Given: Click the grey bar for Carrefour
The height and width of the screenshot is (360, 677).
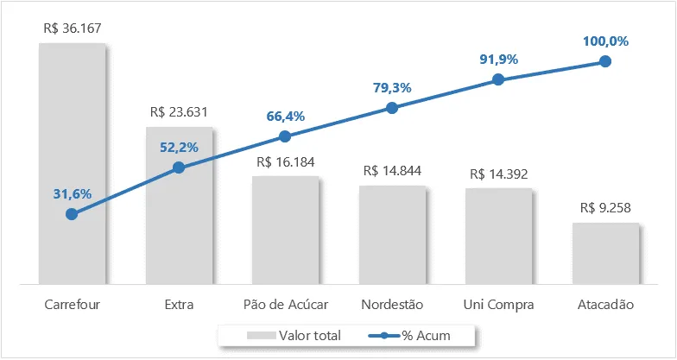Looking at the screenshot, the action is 73,164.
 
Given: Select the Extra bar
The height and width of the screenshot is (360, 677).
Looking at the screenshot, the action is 180,205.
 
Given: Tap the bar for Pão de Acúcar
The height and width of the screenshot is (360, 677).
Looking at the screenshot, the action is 285,230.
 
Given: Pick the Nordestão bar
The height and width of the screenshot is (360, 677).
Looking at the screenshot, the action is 392,235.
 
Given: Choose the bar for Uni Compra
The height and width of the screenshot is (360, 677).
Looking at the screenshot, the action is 499,237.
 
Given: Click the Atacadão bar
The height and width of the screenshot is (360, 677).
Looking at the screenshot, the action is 606,254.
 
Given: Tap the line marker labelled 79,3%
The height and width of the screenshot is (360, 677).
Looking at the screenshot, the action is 392,108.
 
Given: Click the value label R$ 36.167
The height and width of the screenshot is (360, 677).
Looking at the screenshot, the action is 73,28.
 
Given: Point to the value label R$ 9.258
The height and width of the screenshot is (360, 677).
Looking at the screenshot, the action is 605,208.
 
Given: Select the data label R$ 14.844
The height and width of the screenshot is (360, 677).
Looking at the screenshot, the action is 392,171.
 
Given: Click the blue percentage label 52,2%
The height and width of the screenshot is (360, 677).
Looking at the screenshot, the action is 180,147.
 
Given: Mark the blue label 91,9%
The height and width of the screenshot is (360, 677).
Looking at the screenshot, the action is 499,60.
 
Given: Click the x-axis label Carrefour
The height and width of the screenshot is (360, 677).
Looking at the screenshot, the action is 73,304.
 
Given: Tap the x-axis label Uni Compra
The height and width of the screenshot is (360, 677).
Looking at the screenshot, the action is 499,305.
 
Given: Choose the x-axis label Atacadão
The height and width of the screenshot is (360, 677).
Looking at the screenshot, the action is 606,304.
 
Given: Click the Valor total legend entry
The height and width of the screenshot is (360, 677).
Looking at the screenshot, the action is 294,335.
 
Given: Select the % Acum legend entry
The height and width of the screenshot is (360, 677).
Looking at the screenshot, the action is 409,335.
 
